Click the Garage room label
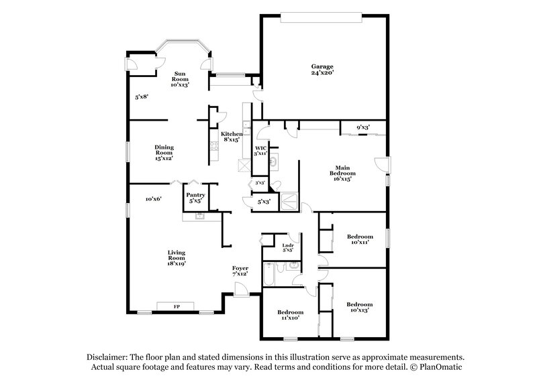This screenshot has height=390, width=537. point(322,69)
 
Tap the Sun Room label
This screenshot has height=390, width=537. point(180,79)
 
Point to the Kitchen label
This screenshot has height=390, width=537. point(231,137)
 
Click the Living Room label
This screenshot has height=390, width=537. point(177,258)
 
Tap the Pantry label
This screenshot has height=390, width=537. point(195,198)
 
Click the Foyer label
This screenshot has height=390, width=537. point(240,271)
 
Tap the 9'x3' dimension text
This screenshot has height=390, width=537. point(362,127)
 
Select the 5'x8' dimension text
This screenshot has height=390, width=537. point(141,97)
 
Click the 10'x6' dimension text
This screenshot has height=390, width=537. point(154,199)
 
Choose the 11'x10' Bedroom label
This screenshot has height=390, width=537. point(290,316)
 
